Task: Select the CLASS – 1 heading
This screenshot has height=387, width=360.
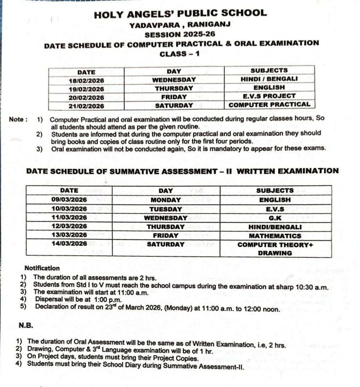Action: pyautogui.click(x=180, y=54)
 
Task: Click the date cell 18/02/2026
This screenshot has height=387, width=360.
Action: pyautogui.click(x=87, y=79)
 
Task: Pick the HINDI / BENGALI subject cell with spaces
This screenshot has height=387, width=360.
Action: pyautogui.click(x=269, y=79)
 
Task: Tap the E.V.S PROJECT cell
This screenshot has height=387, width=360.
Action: pyautogui.click(x=269, y=96)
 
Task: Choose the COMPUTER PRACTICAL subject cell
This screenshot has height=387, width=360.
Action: pyautogui.click(x=269, y=104)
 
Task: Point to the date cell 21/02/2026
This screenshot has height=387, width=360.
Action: pyautogui.click(x=87, y=105)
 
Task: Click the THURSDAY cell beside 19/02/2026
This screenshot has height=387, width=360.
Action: pyautogui.click(x=174, y=88)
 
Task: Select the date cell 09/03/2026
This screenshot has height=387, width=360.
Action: pyautogui.click(x=69, y=199)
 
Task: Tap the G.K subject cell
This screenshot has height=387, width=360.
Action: pyautogui.click(x=275, y=218)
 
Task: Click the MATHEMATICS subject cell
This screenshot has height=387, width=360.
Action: pyautogui.click(x=275, y=236)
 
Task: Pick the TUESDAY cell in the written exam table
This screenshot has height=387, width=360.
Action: pyautogui.click(x=165, y=208)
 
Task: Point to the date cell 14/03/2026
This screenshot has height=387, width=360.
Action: pyautogui.click(x=69, y=244)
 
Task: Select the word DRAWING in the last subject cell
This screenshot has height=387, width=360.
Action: pyautogui.click(x=275, y=253)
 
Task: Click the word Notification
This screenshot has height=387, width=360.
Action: pyautogui.click(x=42, y=268)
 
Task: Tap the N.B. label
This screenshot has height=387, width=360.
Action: pyautogui.click(x=26, y=326)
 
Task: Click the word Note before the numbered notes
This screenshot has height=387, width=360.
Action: pyautogui.click(x=17, y=119)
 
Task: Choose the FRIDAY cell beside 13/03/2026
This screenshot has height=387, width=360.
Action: pyautogui.click(x=165, y=236)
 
